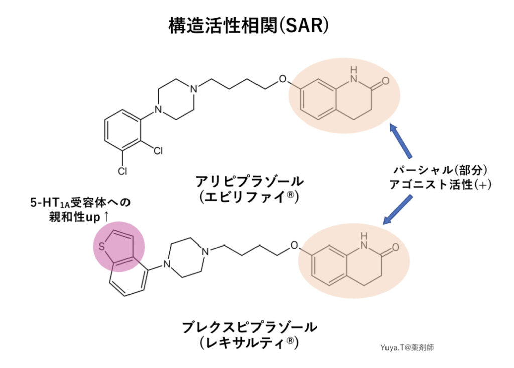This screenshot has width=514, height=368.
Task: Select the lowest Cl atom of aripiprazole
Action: pyautogui.click(x=122, y=171)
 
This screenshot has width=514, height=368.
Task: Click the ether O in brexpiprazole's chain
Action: pyautogui.click(x=294, y=247)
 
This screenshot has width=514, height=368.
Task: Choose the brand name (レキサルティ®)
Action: pyautogui.click(x=249, y=343)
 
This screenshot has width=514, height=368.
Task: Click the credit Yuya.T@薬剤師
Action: pyautogui.click(x=407, y=347)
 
